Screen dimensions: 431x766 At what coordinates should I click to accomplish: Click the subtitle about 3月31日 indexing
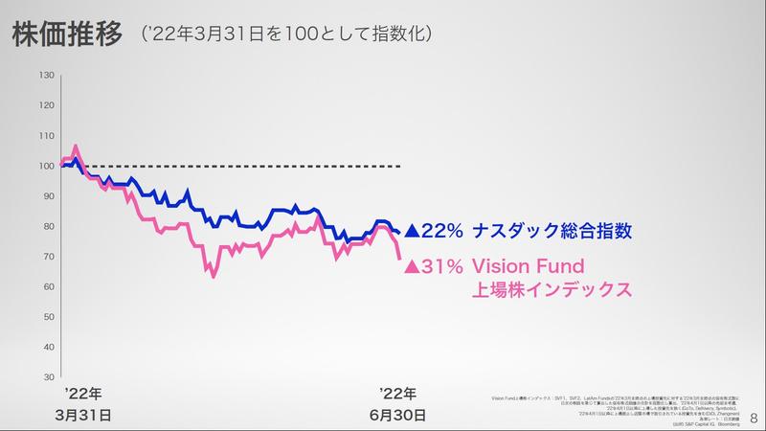287,35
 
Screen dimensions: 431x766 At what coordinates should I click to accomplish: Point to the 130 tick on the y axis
47,76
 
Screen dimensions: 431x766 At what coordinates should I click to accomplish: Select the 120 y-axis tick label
47,105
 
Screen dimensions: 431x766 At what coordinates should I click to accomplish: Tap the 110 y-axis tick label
47,136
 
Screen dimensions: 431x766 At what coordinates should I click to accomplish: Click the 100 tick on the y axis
47,166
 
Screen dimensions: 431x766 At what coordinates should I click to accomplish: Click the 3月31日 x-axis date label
83,416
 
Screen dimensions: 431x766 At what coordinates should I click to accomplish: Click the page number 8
754,418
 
